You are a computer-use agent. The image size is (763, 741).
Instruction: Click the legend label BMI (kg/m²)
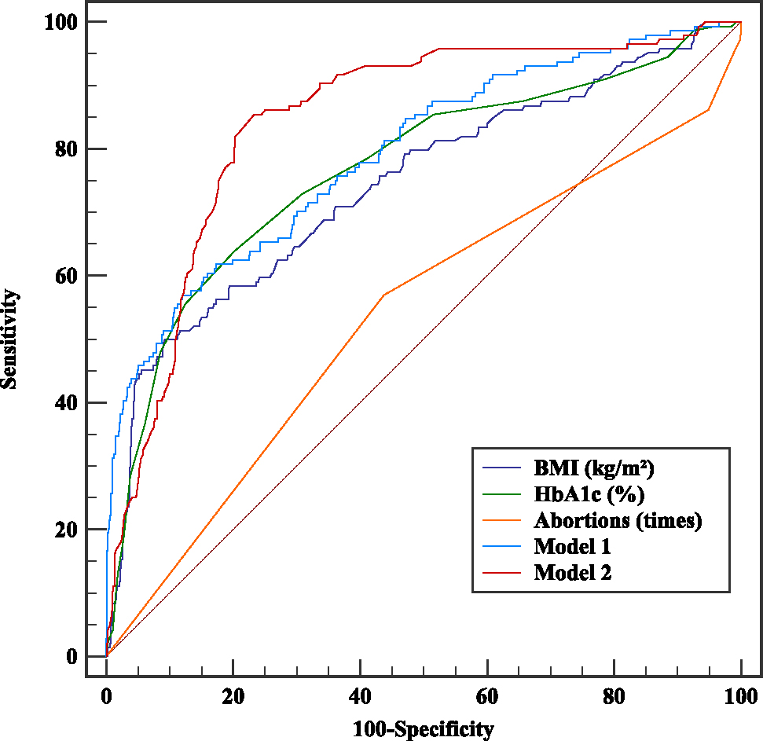(x=594, y=469)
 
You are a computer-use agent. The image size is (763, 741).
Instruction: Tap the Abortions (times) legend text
(x=618, y=520)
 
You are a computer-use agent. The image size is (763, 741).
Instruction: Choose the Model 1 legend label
(x=572, y=546)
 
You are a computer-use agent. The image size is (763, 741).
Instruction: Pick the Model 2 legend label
(x=572, y=572)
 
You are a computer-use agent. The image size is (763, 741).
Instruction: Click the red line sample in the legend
(x=502, y=572)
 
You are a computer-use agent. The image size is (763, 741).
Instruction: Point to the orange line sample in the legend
(x=502, y=520)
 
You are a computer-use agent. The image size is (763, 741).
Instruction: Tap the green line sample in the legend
(x=502, y=494)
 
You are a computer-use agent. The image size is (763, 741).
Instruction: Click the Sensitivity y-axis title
(x=10, y=339)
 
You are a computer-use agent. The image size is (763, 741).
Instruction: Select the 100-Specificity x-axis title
(x=424, y=728)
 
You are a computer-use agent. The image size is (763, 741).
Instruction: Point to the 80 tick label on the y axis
(x=66, y=149)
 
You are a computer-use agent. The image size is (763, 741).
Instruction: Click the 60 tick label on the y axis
(x=66, y=276)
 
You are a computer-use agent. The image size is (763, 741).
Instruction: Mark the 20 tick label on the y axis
(x=66, y=529)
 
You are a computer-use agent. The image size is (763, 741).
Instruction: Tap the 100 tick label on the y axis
(x=61, y=22)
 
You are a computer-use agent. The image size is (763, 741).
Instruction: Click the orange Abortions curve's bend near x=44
(x=383, y=295)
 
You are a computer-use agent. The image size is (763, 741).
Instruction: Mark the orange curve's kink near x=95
(x=709, y=110)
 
